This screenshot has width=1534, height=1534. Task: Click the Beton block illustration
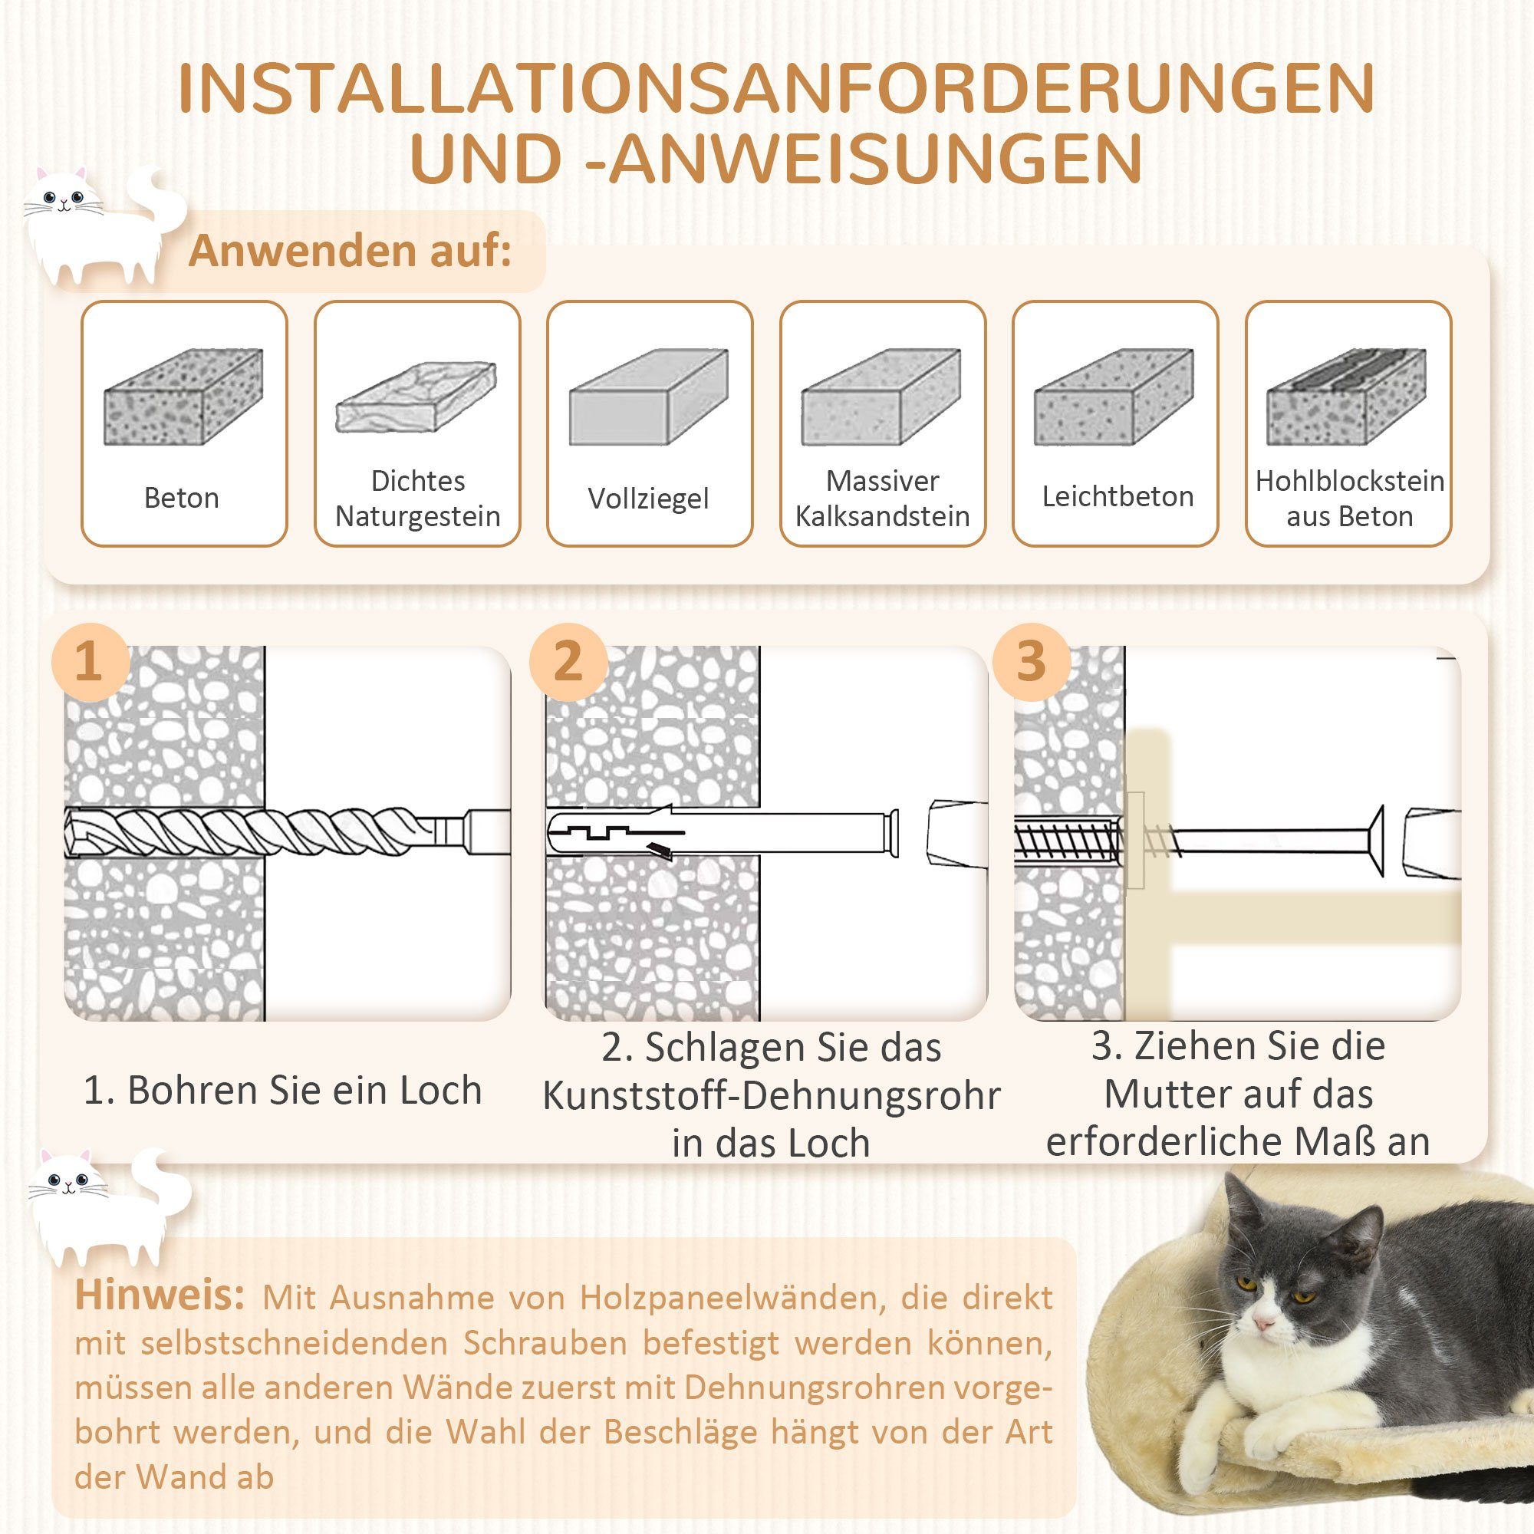[x=183, y=397]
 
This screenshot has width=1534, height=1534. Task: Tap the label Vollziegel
[x=648, y=499]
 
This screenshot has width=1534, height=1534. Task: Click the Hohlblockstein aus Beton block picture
[x=1347, y=397]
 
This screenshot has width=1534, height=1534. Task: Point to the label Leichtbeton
[x=1118, y=497]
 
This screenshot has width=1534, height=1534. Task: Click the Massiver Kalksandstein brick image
[x=881, y=397]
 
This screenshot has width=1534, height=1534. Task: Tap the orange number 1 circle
[x=90, y=661]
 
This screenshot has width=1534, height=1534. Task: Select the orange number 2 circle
[x=568, y=661]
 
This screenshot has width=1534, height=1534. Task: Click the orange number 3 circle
[x=1031, y=661]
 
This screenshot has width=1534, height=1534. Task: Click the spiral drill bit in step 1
[x=262, y=832]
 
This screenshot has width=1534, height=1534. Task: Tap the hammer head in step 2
[x=957, y=834]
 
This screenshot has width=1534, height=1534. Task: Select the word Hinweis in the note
[x=160, y=1295]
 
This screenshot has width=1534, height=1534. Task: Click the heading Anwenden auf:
[x=351, y=251]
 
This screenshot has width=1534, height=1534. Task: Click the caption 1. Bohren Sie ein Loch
[x=283, y=1090]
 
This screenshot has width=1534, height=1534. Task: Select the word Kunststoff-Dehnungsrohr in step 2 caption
[x=770, y=1097]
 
